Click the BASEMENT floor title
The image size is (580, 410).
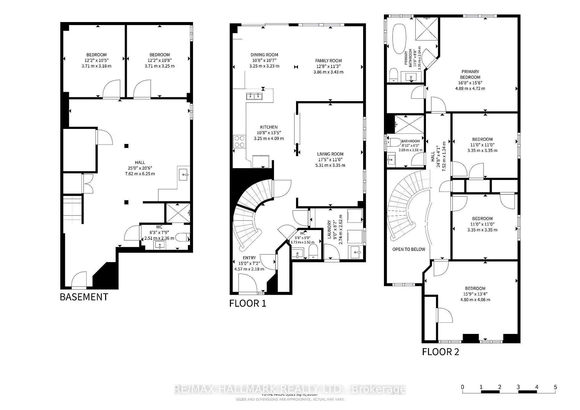(84, 297)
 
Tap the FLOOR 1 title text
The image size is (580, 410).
(248, 303)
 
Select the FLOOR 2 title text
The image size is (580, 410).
(440, 352)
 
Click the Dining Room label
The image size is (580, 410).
(264, 55)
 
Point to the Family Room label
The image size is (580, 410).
(328, 61)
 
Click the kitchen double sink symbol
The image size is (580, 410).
(254, 96)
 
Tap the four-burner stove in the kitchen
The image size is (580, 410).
(240, 142)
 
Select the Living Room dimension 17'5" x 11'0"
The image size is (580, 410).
(330, 160)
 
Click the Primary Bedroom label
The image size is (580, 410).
(470, 74)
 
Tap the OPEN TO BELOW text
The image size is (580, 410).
(409, 249)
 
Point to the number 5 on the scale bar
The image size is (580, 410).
(555, 387)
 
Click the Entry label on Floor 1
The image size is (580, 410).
(249, 258)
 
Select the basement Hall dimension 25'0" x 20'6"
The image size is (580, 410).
(140, 168)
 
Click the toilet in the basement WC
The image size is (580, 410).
(183, 237)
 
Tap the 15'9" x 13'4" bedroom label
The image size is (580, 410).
(475, 294)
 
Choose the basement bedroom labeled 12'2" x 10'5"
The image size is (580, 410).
(96, 60)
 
